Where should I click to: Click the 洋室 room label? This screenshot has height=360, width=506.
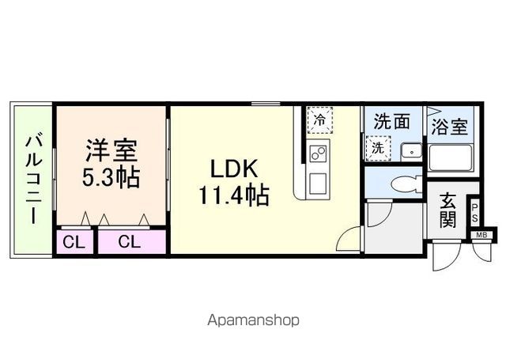[x=111, y=149]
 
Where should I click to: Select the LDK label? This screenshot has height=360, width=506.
[x=234, y=169]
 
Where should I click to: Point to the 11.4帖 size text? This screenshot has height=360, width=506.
[x=235, y=194]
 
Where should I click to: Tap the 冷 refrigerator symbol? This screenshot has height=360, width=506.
[x=319, y=121]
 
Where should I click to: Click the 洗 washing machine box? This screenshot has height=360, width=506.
[x=378, y=147]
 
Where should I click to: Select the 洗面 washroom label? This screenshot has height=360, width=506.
[x=391, y=122]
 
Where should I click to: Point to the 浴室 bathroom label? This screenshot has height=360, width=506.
[x=449, y=127]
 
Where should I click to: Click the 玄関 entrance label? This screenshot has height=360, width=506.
[x=448, y=210]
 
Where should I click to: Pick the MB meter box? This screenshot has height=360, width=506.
[x=481, y=234]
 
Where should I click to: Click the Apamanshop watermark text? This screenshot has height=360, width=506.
[x=252, y=321]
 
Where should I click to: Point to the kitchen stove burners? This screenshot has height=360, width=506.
[x=319, y=153]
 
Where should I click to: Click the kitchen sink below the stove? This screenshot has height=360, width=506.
[x=319, y=183]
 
